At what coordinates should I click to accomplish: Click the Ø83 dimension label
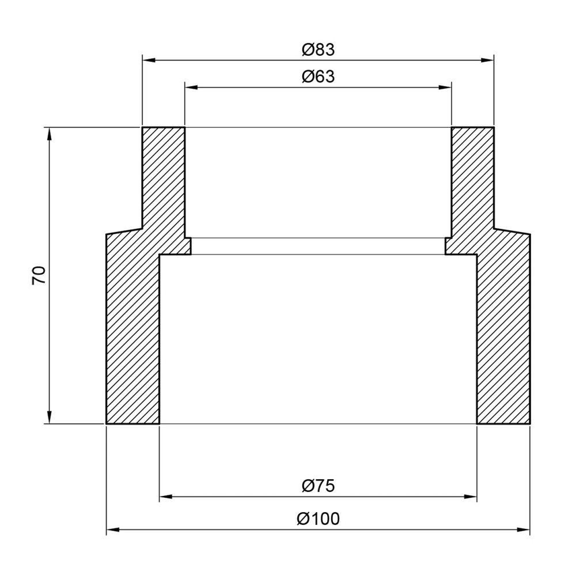pyautogui.click(x=318, y=50)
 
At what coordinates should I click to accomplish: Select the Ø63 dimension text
pyautogui.click(x=318, y=77)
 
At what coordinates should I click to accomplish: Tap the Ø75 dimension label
pyautogui.click(x=318, y=486)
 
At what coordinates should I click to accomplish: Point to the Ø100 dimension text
pyautogui.click(x=318, y=519)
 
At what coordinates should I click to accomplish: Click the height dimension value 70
pyautogui.click(x=39, y=275)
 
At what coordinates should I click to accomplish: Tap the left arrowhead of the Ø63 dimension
pyautogui.click(x=191, y=88)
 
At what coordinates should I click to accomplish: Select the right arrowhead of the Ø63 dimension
pyautogui.click(x=445, y=88)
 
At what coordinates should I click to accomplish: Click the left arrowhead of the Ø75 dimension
pyautogui.click(x=166, y=497)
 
